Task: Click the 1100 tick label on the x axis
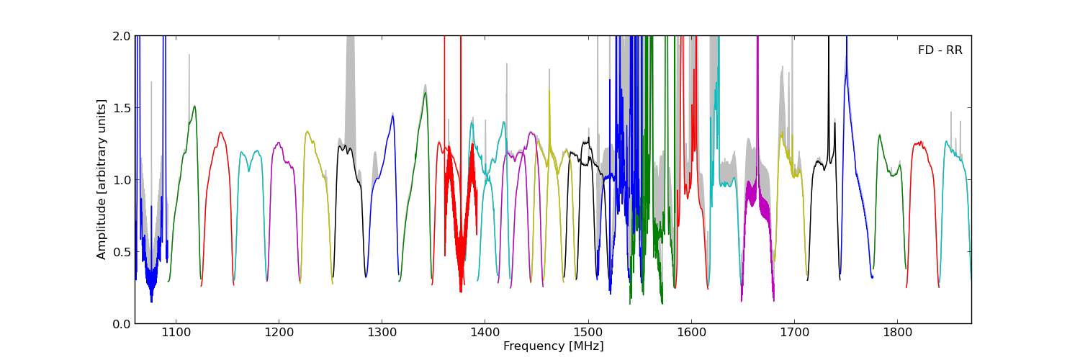(x=175, y=333)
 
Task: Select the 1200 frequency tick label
(x=278, y=333)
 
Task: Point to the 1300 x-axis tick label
(x=382, y=333)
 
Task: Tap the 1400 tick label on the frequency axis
(x=485, y=333)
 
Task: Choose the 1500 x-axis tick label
(x=588, y=333)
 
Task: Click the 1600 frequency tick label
(x=691, y=333)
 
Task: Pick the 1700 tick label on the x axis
(x=794, y=333)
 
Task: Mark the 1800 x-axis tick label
(x=897, y=333)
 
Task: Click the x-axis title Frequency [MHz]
(x=553, y=346)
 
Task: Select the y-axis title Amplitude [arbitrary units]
(x=102, y=179)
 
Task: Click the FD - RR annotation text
(x=940, y=50)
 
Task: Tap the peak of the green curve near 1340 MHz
(x=426, y=92)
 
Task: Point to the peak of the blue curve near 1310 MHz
(x=393, y=116)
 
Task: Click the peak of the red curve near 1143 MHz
(x=220, y=132)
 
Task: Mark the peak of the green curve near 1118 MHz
(x=194, y=106)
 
